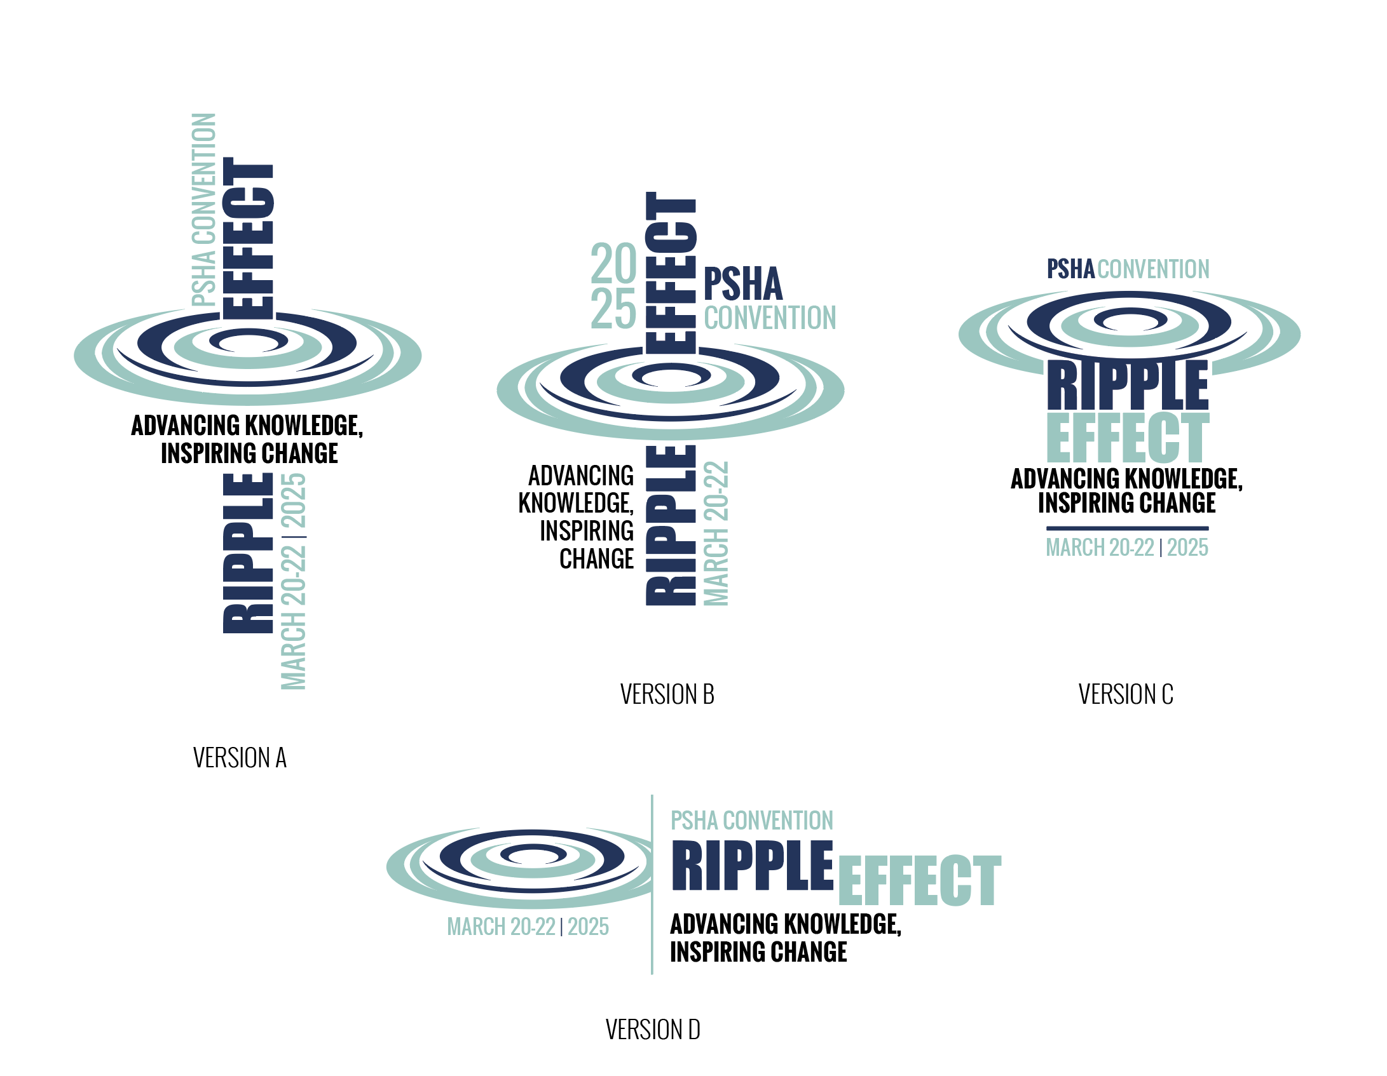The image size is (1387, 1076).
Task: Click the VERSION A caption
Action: point(240,758)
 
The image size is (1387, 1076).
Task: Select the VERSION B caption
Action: point(667,694)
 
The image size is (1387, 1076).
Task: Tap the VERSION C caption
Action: point(1125,694)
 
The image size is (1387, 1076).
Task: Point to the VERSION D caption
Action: point(653,1030)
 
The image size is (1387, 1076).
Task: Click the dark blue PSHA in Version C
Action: point(1070,269)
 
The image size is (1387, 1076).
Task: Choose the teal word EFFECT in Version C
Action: point(1128,438)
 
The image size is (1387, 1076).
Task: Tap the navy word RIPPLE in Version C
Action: point(1128,386)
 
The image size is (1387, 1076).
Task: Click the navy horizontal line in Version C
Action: point(1127,528)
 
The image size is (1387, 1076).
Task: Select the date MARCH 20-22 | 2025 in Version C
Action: point(1127,548)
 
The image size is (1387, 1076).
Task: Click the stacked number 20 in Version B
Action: point(613,264)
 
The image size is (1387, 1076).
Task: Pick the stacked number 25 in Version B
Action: point(613,309)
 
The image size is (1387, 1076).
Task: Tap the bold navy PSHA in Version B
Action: point(742,284)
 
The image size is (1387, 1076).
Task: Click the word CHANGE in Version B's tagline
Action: point(596,559)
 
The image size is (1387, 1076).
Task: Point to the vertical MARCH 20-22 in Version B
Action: point(716,534)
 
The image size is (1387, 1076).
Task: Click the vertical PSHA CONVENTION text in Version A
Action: point(204,210)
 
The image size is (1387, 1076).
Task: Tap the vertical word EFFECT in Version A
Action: point(248,238)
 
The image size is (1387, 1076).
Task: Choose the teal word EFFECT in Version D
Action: point(919,880)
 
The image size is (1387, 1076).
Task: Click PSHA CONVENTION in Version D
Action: point(751,821)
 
